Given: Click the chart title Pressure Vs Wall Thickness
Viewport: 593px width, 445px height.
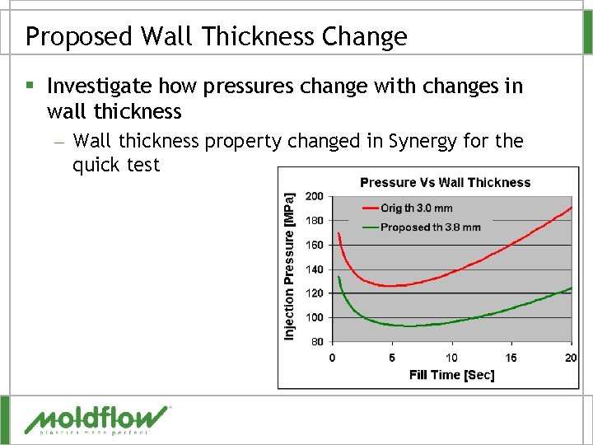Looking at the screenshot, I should click(x=445, y=182).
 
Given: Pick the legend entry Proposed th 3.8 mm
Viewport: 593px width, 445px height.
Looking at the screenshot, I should click(x=430, y=227).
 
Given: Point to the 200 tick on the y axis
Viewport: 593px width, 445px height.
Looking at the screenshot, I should click(x=314, y=196).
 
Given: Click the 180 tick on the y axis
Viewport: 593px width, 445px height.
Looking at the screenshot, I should click(x=314, y=221).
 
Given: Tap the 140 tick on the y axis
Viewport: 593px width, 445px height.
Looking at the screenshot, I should click(x=314, y=269).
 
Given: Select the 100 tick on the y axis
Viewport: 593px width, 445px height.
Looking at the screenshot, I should click(x=314, y=317).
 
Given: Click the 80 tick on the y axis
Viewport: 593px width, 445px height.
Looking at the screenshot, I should click(x=316, y=341).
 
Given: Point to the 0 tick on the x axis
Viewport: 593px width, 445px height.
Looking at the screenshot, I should click(x=332, y=357).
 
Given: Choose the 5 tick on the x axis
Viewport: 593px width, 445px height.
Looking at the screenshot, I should click(x=392, y=357).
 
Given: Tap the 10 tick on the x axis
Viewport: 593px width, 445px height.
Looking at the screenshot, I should click(x=451, y=357).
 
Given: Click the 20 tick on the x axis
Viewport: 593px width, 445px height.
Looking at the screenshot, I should click(x=571, y=357).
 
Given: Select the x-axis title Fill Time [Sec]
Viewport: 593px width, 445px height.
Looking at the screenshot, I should click(x=451, y=375).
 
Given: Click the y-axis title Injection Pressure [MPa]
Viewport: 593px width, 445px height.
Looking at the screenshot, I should click(x=289, y=266).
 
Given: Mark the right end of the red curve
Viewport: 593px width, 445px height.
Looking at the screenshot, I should click(x=572, y=207).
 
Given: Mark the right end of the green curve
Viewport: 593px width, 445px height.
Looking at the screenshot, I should click(x=572, y=288).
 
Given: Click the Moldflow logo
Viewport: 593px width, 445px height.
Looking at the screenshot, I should click(x=97, y=419).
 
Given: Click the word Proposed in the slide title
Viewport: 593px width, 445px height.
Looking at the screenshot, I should click(x=77, y=36).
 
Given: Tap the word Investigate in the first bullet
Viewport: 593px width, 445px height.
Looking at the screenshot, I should click(x=100, y=87).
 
